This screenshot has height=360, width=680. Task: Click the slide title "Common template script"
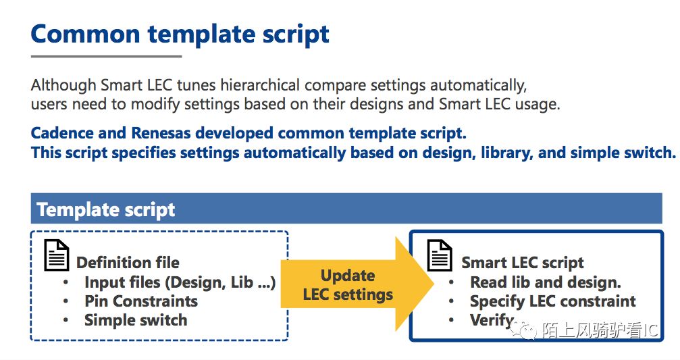point(180,34)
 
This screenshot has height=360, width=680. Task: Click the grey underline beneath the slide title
point(106,56)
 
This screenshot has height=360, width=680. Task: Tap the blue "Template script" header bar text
point(106,209)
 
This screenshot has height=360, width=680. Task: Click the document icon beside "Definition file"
point(56,255)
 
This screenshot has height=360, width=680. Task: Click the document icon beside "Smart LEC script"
point(440,255)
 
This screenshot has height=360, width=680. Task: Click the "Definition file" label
point(128,263)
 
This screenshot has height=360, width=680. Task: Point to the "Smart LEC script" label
point(523,263)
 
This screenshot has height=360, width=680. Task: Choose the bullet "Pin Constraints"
point(141,301)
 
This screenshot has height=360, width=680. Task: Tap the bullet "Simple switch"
point(136,320)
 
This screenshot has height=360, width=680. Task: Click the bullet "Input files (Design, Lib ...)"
point(180,282)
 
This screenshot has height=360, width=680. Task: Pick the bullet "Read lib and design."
point(546,282)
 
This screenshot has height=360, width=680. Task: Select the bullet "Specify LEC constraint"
point(553,301)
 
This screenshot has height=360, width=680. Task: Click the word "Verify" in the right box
point(492,321)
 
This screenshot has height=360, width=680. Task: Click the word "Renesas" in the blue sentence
point(161,133)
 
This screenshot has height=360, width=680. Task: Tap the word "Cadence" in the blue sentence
point(62,133)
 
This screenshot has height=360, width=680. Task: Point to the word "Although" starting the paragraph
point(63,85)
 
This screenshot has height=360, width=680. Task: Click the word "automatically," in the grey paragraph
point(478,85)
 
